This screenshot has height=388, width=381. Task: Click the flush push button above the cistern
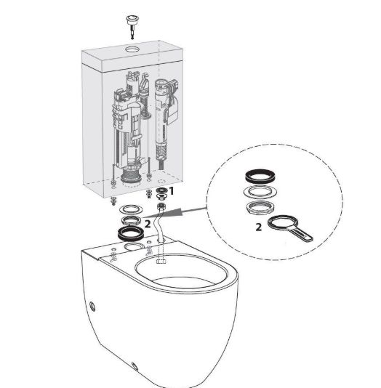pos(132,25)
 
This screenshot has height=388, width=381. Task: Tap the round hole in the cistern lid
pos(132,49)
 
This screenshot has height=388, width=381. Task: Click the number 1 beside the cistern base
pos(172,191)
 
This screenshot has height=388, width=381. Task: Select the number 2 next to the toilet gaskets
pos(148,225)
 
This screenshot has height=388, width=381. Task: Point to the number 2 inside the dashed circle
pos(258,227)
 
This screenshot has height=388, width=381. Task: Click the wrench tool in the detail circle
pos(289,227)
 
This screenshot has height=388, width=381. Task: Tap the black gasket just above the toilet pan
pos(130,233)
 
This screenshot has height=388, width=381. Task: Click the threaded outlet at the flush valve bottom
pos(131,174)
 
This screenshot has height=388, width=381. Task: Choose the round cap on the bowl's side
pos(92,306)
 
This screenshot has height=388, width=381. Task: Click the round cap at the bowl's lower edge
pos(135,366)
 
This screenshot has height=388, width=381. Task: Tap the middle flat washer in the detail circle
pos(260,192)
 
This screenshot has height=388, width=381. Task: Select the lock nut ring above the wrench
pos(260,207)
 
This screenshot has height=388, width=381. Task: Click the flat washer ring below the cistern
pos(131,209)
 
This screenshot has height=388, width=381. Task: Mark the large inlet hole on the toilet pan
pos(134,247)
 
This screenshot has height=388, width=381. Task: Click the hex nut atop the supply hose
pos(161,206)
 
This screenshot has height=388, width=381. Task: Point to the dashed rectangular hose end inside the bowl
pos(161,261)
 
